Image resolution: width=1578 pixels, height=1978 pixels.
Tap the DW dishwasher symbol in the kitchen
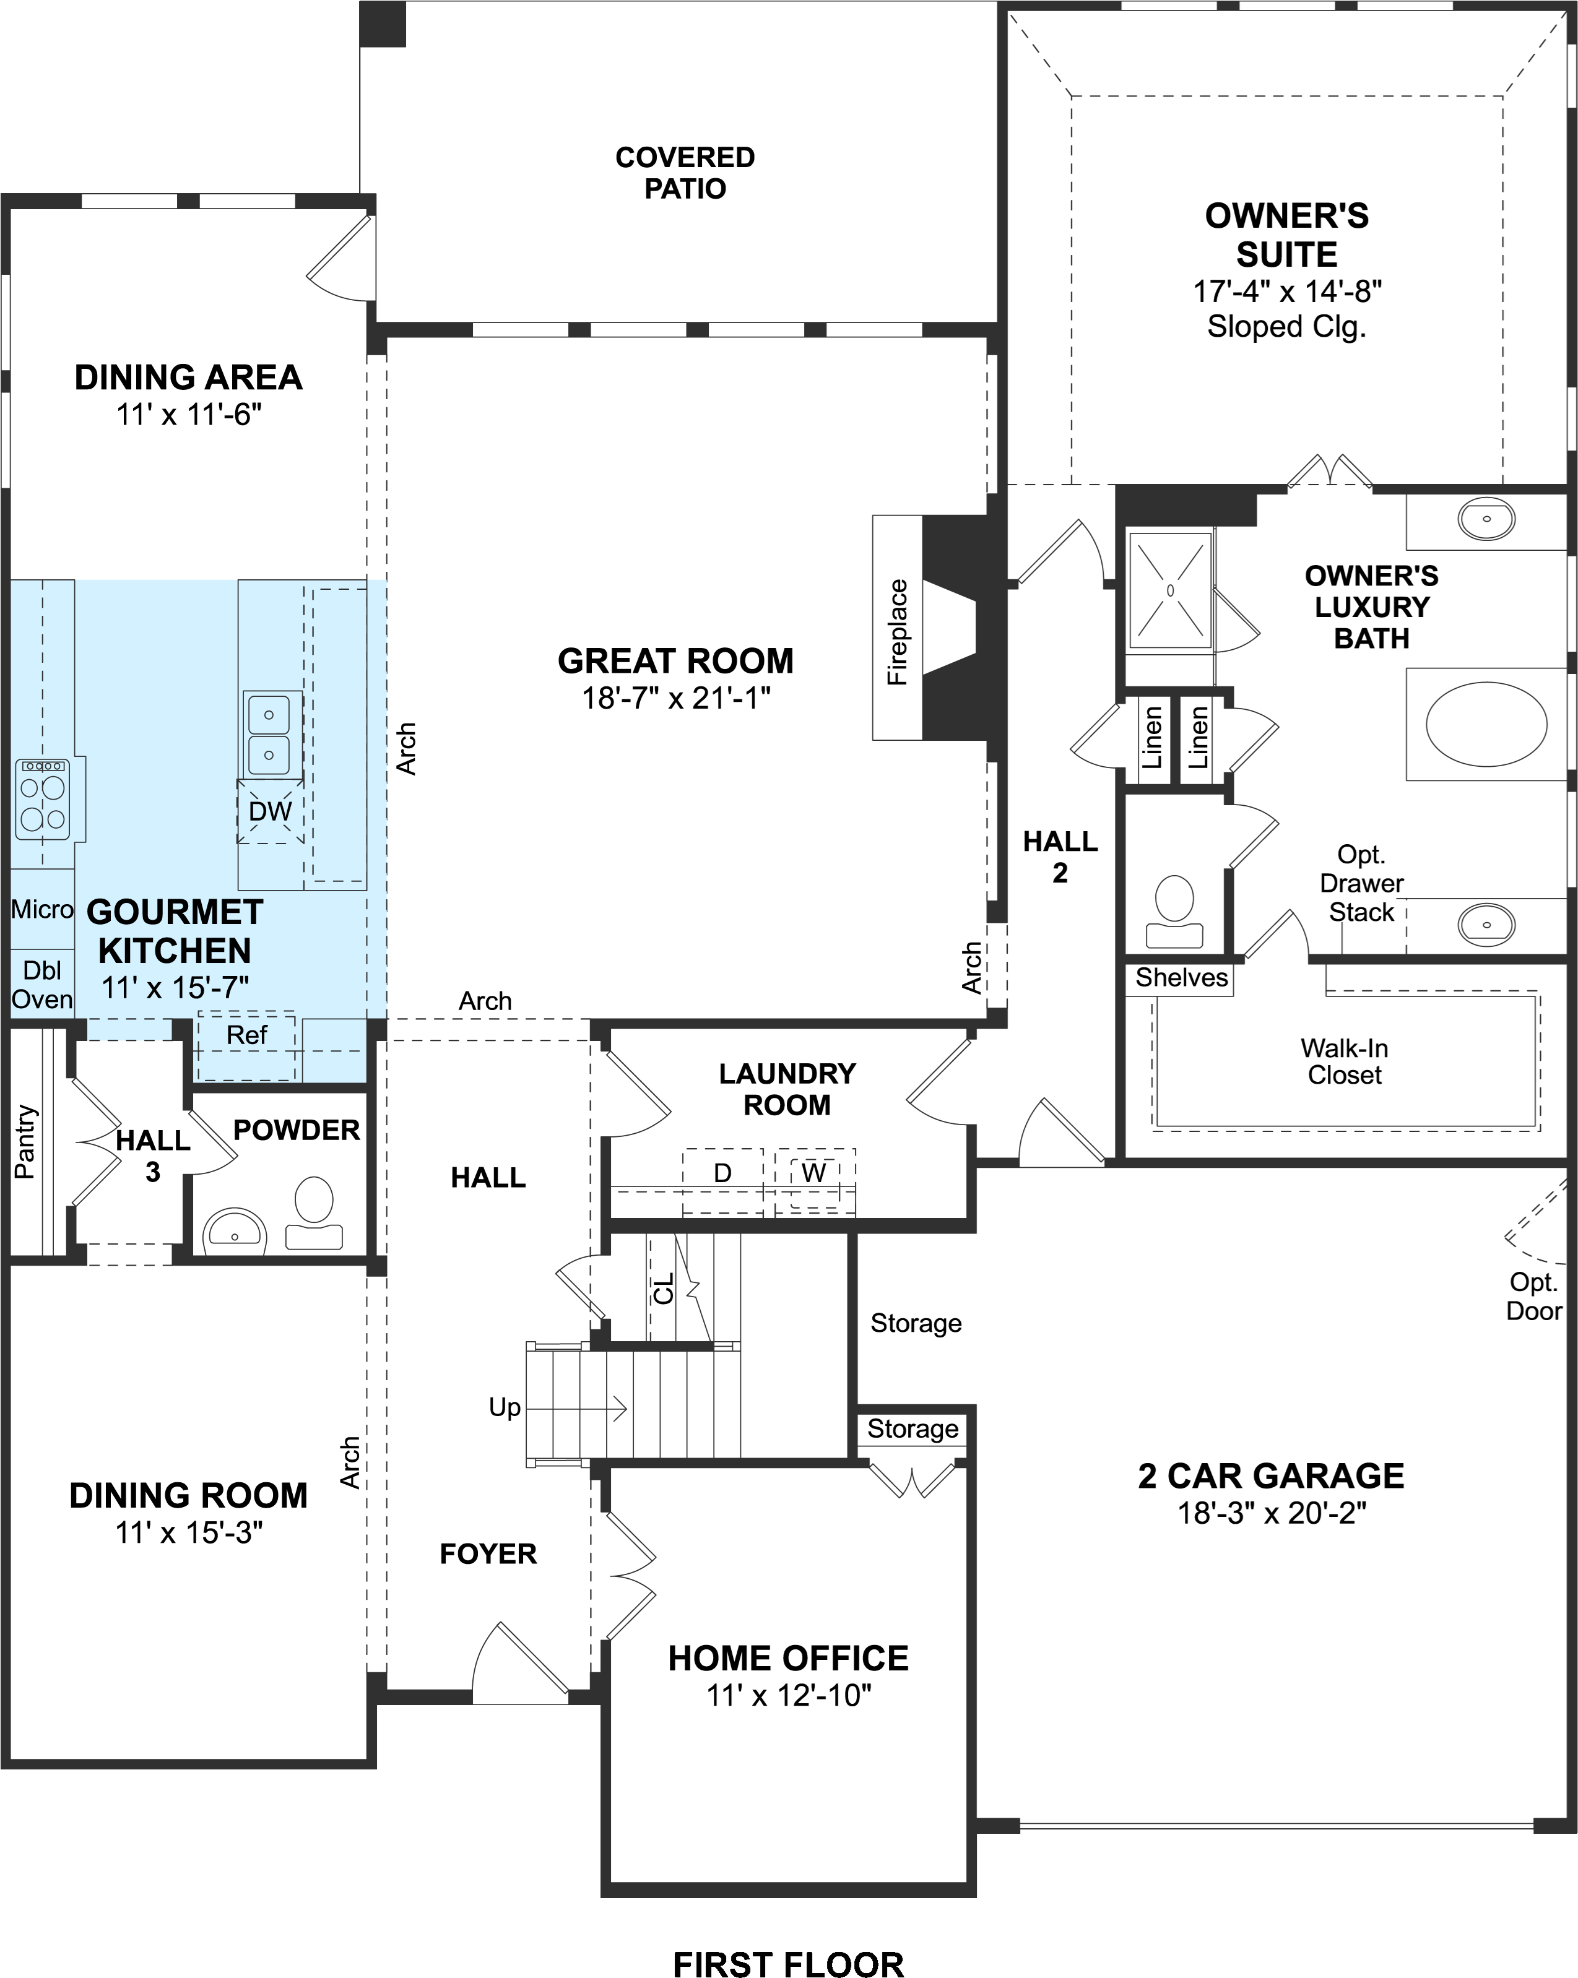coord(270,811)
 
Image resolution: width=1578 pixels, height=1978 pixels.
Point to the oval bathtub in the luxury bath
coord(1486,724)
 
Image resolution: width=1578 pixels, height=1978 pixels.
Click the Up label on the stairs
coord(505,1407)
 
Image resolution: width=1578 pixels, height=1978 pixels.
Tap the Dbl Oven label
coord(42,985)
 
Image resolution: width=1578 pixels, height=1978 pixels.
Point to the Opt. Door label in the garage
coord(1533,1297)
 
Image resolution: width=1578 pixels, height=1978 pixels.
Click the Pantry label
coord(25,1142)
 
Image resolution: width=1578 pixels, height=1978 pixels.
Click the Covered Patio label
coord(685,173)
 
